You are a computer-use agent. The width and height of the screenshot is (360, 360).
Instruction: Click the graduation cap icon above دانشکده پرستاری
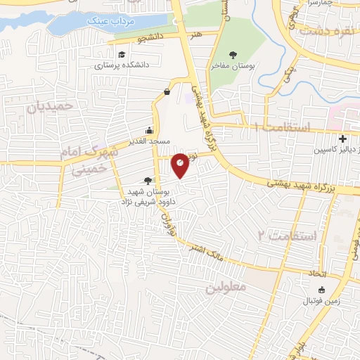pos(122,55)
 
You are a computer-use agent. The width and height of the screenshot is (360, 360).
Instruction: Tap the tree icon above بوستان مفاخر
pos(233,53)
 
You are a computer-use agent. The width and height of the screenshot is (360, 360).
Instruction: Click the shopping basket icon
pos(167,91)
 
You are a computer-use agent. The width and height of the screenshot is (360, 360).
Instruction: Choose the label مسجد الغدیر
pos(149,141)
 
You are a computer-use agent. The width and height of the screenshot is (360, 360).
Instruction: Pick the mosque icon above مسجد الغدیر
pos(149,130)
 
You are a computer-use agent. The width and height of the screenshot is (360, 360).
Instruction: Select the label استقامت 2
pos(288,235)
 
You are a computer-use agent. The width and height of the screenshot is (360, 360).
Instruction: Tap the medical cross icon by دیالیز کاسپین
pos(342,139)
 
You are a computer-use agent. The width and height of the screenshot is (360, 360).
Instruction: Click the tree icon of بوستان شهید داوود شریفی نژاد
pos(147,181)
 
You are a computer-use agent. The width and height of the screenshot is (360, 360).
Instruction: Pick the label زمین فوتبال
pos(322,301)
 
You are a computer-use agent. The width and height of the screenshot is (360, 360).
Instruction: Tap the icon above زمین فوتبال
pos(322,290)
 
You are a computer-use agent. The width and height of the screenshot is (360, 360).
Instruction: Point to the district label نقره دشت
pos(323,31)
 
